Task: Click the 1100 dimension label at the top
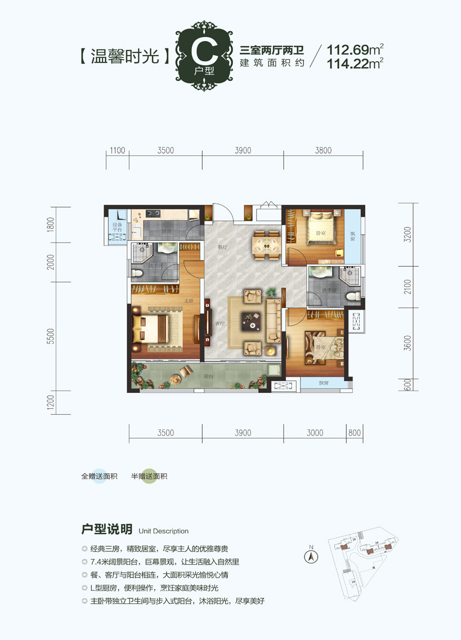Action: (118, 150)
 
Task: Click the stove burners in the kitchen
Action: (153, 213)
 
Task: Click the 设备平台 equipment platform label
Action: (118, 227)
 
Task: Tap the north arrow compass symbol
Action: (310, 556)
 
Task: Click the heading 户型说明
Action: (107, 530)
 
